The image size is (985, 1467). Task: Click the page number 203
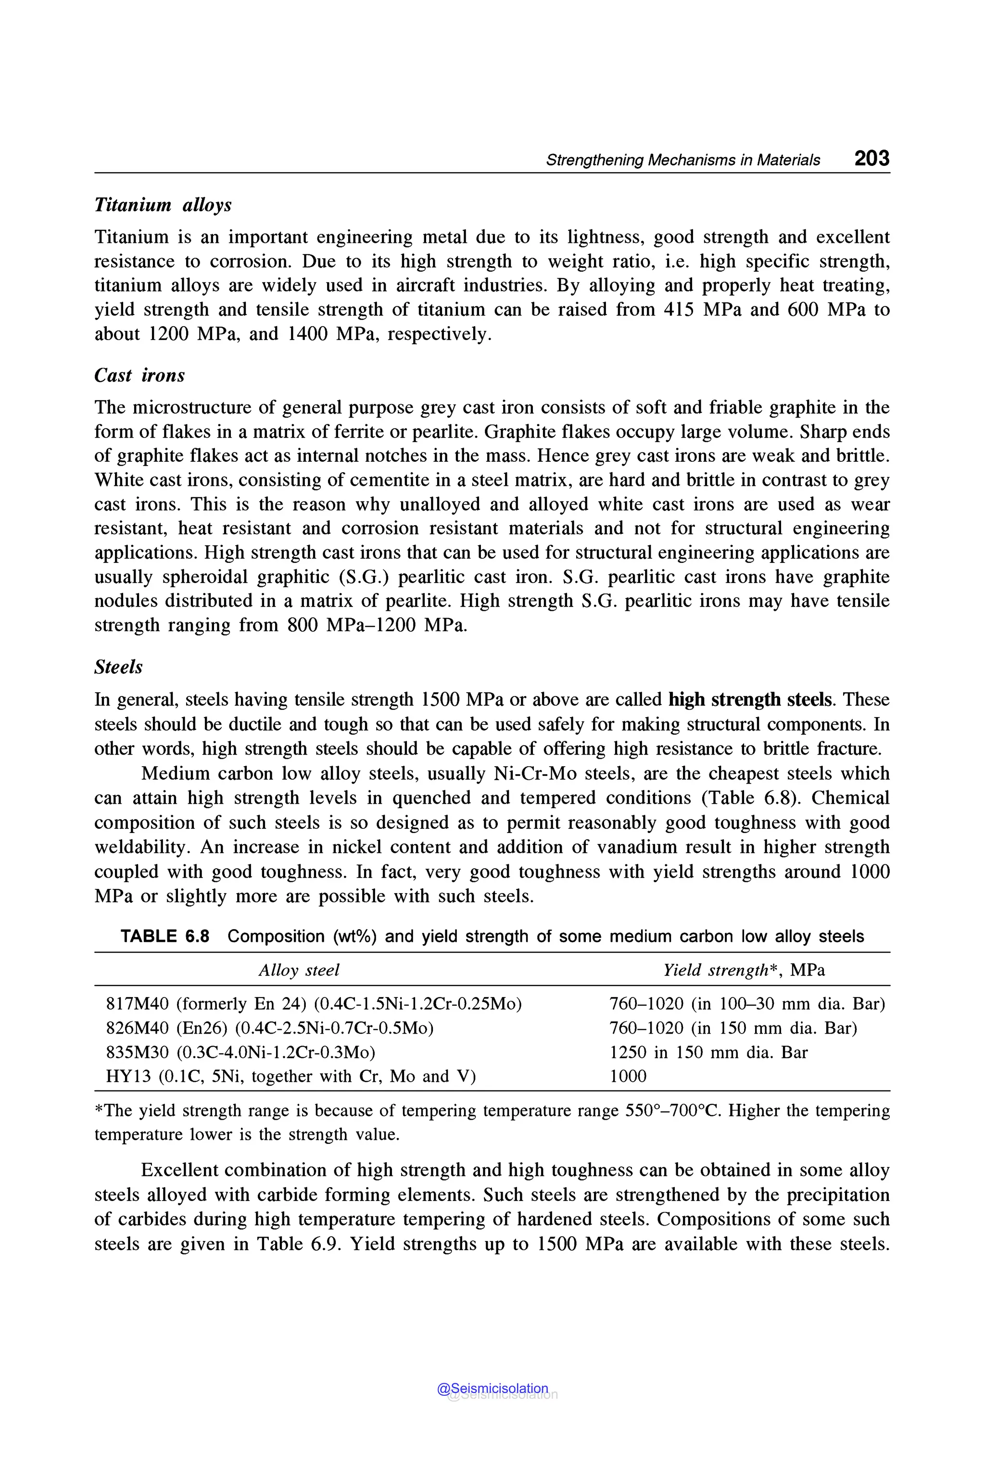click(871, 158)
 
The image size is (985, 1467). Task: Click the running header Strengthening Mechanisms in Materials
click(683, 160)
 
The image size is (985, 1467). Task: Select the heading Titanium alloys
click(163, 205)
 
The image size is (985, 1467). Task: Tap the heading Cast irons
click(139, 375)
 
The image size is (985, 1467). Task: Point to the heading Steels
click(118, 667)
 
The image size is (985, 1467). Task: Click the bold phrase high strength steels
click(750, 699)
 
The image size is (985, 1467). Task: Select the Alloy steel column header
click(299, 970)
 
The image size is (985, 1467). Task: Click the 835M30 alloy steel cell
click(240, 1052)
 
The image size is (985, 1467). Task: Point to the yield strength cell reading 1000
click(628, 1076)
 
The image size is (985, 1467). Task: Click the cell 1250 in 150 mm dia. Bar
click(708, 1052)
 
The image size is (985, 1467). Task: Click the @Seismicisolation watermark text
click(492, 1389)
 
